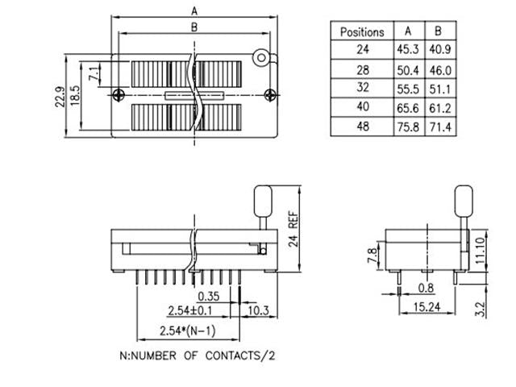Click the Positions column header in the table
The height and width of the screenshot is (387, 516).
pos(362,31)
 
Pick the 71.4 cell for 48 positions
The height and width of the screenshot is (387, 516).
pos(439,127)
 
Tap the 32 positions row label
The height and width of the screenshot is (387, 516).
pos(362,88)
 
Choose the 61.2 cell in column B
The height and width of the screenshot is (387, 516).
pos(439,107)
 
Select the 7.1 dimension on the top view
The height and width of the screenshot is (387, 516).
pos(94,74)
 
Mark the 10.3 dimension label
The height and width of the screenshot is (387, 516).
pos(257,310)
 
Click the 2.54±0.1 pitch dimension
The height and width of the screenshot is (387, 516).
pos(190,310)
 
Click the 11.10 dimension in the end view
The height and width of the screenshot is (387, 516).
pos(480,245)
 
